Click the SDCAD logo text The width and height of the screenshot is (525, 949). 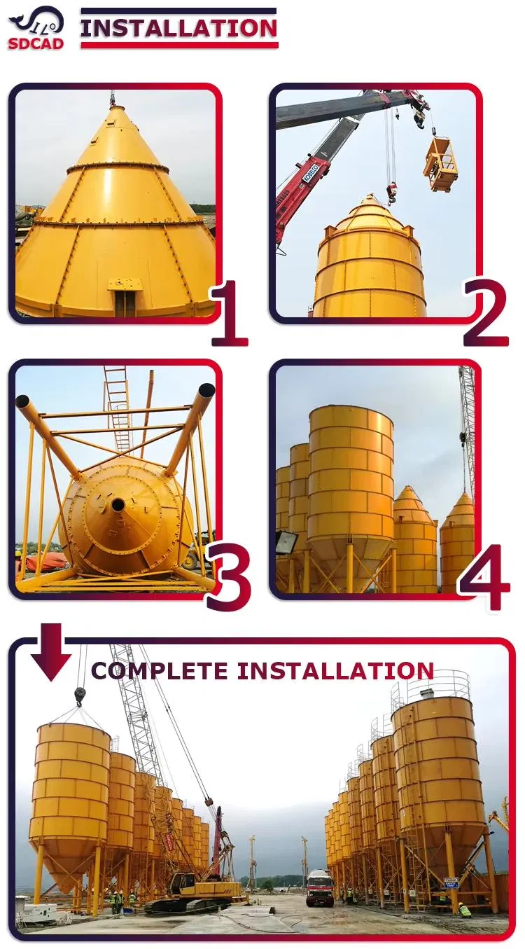click(x=36, y=43)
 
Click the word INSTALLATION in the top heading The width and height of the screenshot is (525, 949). click(x=178, y=29)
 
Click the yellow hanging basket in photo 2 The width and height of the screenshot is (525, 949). click(x=440, y=164)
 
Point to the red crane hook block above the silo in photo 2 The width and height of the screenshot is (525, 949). click(x=391, y=193)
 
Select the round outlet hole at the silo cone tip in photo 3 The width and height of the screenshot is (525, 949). click(x=118, y=504)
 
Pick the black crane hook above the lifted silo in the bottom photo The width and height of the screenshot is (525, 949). click(x=80, y=695)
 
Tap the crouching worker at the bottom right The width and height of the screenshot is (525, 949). click(x=465, y=910)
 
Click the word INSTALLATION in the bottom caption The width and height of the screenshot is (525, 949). click(x=335, y=670)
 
